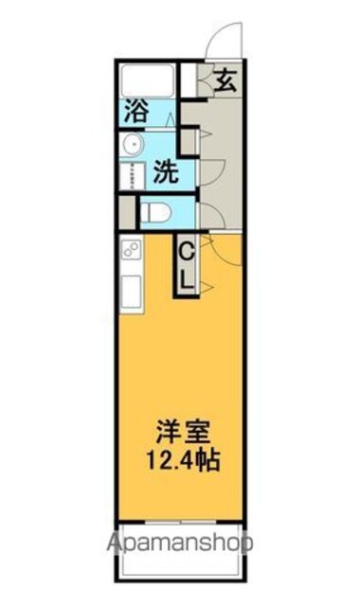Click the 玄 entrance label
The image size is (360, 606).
click(x=225, y=80)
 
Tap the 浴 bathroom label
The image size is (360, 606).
click(x=136, y=111)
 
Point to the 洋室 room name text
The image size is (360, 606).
click(x=183, y=432)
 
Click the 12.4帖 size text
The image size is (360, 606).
click(x=183, y=460)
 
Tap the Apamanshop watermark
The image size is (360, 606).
click(x=180, y=543)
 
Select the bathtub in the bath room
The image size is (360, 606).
click(x=148, y=80)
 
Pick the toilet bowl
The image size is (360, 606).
click(x=155, y=212)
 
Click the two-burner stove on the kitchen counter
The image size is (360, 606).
click(x=132, y=249)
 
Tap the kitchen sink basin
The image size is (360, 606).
click(x=132, y=292)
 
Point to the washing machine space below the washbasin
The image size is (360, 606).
click(x=133, y=176)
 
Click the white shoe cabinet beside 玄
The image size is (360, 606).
click(x=189, y=80)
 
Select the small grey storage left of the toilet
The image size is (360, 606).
click(x=127, y=213)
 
